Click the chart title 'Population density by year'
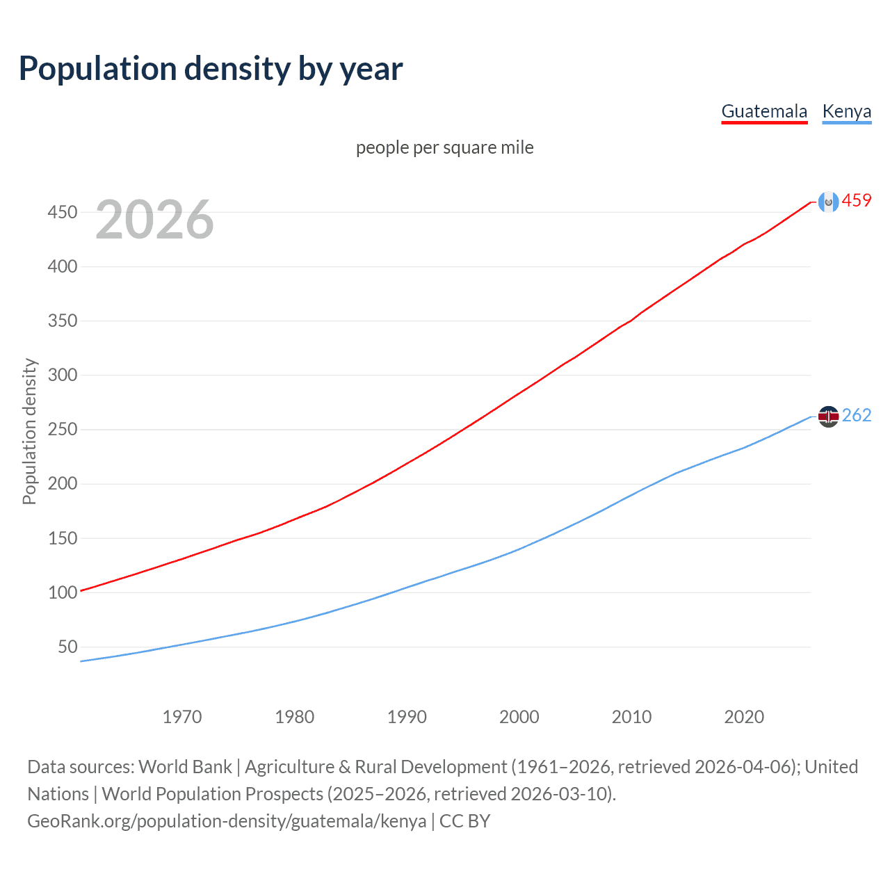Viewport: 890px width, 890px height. (211, 69)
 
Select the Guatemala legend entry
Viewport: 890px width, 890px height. (764, 111)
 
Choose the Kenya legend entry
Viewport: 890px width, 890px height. (846, 111)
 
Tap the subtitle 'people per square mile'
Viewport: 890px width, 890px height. (444, 147)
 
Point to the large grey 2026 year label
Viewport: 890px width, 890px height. (154, 220)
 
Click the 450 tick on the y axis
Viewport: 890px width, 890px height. (62, 212)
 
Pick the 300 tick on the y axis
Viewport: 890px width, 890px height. (62, 375)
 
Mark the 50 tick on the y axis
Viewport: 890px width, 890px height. (67, 647)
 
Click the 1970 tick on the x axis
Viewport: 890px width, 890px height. (182, 717)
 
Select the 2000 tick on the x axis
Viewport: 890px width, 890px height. (519, 717)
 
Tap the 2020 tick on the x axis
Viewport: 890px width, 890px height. (744, 717)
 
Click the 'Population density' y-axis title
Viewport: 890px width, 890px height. (29, 431)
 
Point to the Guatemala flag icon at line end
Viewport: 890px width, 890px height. (828, 202)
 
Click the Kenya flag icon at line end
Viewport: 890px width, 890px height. (828, 416)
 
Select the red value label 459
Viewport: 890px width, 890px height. (857, 201)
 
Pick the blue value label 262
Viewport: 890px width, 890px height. (857, 416)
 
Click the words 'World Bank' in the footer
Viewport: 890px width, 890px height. (185, 767)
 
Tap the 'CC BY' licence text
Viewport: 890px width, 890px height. (464, 821)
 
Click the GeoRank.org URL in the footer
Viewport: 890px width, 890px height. (227, 821)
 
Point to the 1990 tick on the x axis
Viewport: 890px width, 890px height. (407, 717)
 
